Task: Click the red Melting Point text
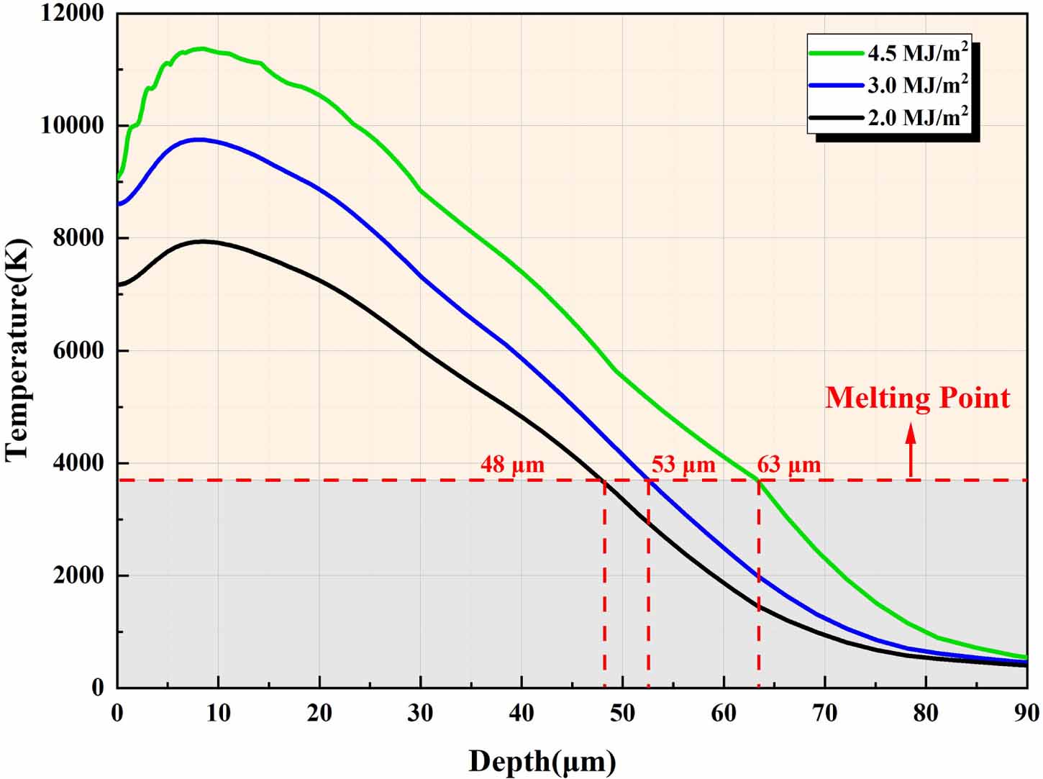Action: pos(917,398)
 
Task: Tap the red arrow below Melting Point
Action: pos(911,450)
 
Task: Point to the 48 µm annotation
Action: pos(512,465)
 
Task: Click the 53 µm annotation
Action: pos(683,465)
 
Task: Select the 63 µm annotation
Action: pos(788,465)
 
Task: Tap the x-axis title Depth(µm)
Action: pos(542,761)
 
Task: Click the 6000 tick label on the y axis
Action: pos(78,350)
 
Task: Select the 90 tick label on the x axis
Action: pos(1026,713)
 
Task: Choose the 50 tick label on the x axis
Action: pos(622,713)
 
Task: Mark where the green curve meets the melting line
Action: pos(758,480)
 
